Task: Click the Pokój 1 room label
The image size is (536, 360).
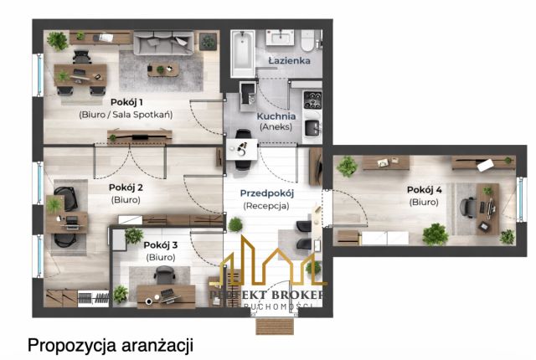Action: point(126,101)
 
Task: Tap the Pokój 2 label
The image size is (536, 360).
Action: point(126,188)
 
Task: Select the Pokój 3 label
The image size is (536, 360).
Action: point(160,245)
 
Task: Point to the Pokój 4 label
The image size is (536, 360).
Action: point(424,190)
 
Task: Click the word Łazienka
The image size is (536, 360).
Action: point(289,61)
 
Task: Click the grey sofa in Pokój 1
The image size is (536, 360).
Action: point(163,41)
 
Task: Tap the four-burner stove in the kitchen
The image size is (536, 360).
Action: point(312,100)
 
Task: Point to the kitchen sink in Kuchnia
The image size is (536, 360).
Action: point(312,128)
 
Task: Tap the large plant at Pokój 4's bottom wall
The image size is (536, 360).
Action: point(435,233)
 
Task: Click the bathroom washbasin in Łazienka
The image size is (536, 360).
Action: point(281,39)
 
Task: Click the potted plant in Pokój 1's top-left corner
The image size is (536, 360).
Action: point(57,40)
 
